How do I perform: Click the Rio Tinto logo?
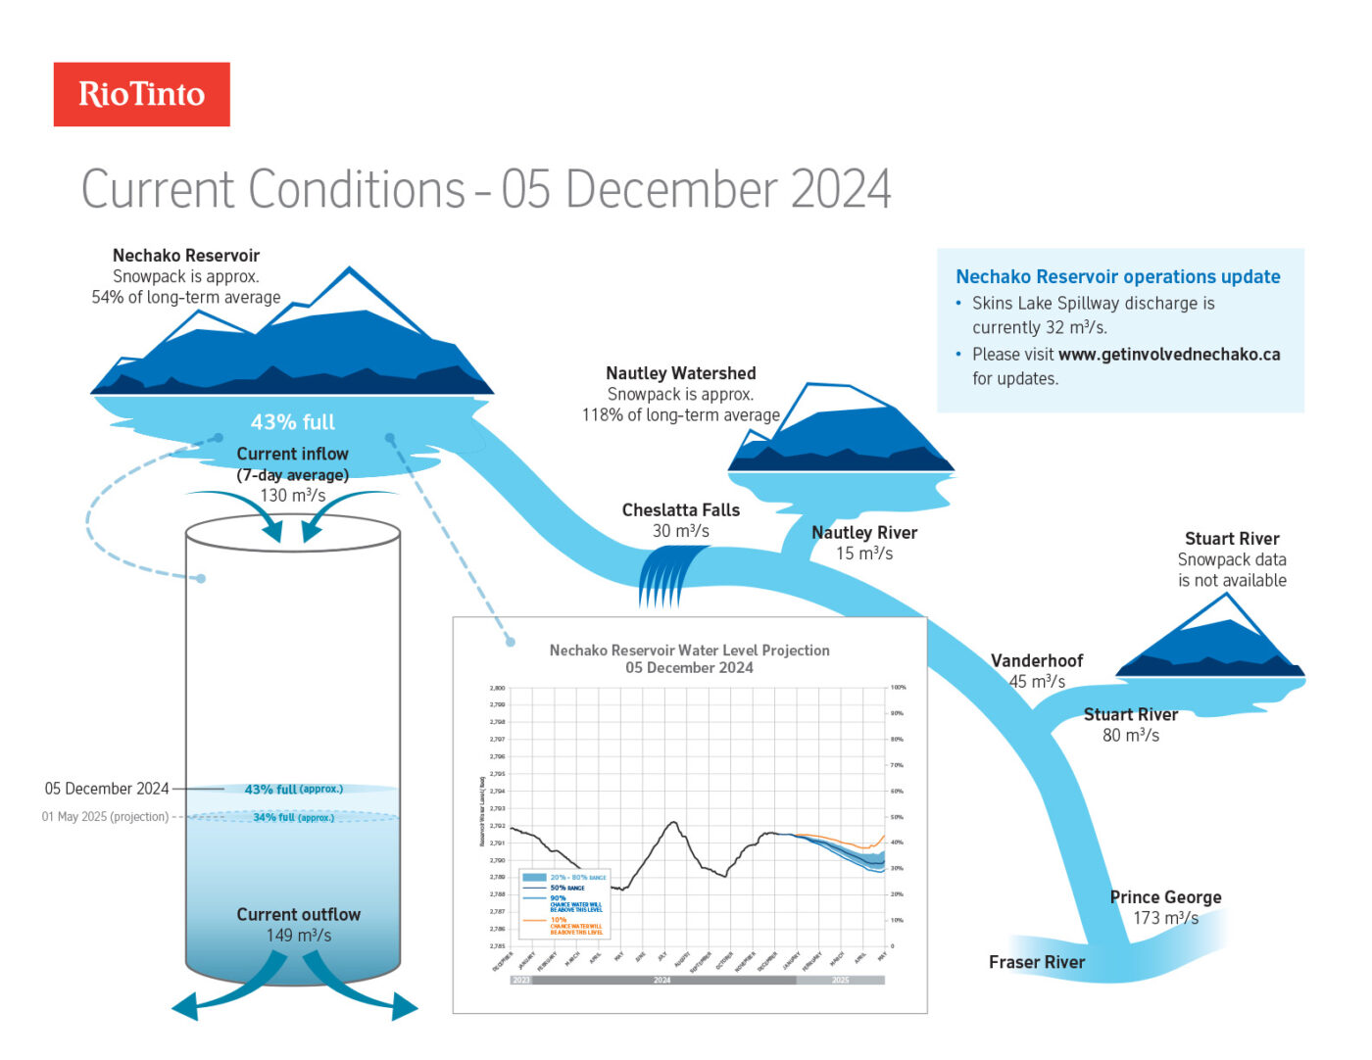[x=141, y=94]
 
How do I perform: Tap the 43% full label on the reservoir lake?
[x=292, y=422]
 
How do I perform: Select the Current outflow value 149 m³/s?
[x=298, y=936]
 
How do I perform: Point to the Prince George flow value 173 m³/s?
[x=1165, y=918]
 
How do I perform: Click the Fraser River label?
[x=1036, y=962]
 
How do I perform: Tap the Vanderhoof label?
[x=1036, y=660]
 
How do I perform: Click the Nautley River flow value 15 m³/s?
[x=863, y=554]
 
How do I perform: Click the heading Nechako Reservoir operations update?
[x=1117, y=277]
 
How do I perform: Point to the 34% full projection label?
[x=293, y=817]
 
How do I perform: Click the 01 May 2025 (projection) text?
[x=105, y=817]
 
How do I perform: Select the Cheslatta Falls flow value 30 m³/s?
[x=680, y=531]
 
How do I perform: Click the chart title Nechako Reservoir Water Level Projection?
[x=689, y=650]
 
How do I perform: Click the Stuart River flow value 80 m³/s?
[x=1130, y=736]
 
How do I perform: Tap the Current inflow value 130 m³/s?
[x=292, y=496]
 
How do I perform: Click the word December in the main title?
[x=672, y=189]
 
